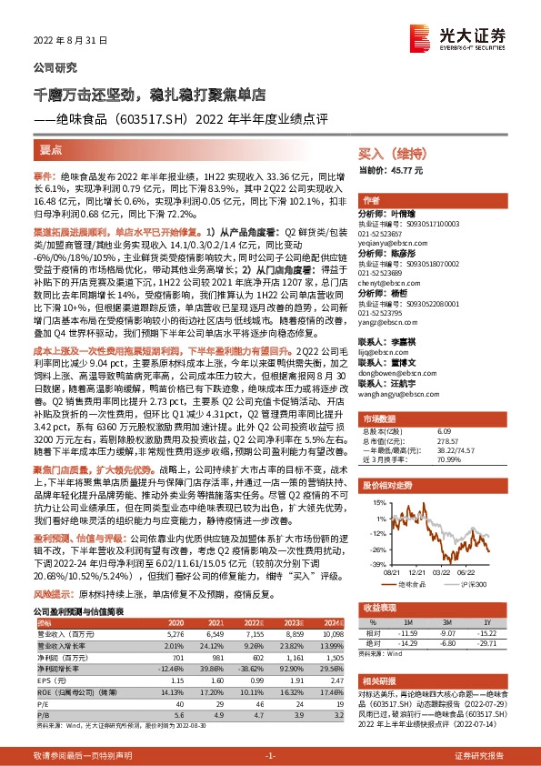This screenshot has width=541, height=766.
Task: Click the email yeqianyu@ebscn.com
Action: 393,243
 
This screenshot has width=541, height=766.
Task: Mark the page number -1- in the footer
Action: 270,755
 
